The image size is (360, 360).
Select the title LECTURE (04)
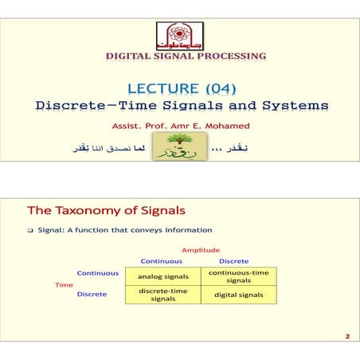click(x=180, y=88)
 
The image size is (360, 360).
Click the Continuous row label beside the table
click(x=98, y=273)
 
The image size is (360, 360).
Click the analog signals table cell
click(x=162, y=276)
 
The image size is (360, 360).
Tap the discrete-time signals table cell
click(x=162, y=295)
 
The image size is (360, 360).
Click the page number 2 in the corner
click(x=347, y=337)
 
